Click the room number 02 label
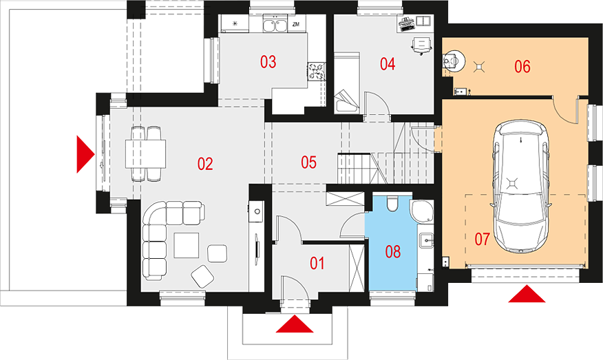[x=205, y=165]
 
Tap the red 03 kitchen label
[x=268, y=62]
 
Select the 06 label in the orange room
[x=522, y=67]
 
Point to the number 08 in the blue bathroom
[x=392, y=252]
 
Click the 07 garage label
[x=482, y=240]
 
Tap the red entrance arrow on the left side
[x=85, y=154]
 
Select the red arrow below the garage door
[x=527, y=294]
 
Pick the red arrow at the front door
[x=295, y=324]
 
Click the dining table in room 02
[x=145, y=154]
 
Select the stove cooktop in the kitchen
[x=317, y=72]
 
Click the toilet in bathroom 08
[x=392, y=204]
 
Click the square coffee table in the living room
[x=187, y=245]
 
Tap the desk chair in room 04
[x=421, y=45]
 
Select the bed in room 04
[x=346, y=83]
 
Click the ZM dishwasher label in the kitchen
[x=295, y=25]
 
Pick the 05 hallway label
[x=309, y=162]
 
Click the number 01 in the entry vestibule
[x=317, y=264]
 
